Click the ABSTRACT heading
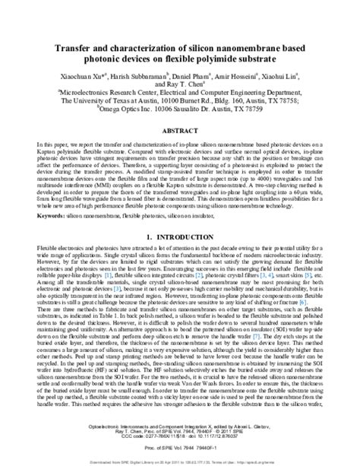[x=180, y=130]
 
